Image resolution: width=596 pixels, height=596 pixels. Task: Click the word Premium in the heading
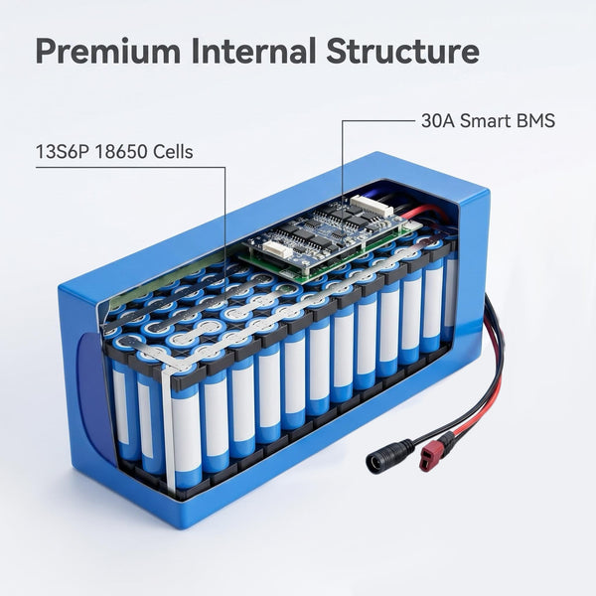(108, 51)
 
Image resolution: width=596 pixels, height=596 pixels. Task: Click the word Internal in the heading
(253, 51)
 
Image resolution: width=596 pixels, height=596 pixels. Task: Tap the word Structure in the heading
(402, 51)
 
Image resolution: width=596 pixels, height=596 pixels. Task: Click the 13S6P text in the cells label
(63, 152)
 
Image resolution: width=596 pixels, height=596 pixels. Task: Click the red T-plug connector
(429, 456)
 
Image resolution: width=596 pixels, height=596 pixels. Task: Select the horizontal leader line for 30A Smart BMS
(377, 121)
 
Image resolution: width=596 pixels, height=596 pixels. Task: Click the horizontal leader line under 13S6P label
(131, 167)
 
